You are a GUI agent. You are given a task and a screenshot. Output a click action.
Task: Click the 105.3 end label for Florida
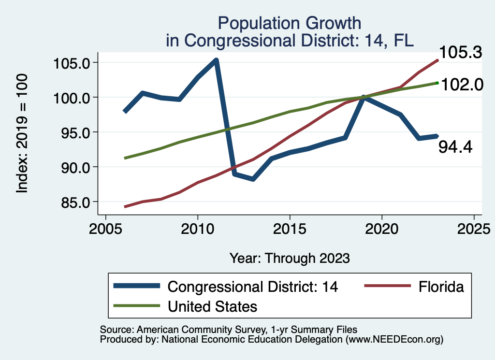pyautogui.click(x=460, y=52)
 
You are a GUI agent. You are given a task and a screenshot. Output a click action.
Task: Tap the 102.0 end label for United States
pyautogui.click(x=462, y=85)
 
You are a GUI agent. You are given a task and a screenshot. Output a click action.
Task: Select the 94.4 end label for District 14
pyautogui.click(x=455, y=147)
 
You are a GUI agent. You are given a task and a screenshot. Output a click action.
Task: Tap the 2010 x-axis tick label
pyautogui.click(x=197, y=228)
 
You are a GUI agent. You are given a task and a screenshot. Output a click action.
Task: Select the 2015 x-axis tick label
pyautogui.click(x=290, y=228)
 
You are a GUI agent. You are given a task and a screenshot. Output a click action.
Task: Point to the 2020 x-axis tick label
pyautogui.click(x=382, y=228)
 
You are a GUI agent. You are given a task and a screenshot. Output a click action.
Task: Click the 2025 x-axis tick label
pyautogui.click(x=474, y=228)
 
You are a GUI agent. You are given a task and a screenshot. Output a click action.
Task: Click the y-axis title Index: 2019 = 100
pyautogui.click(x=22, y=133)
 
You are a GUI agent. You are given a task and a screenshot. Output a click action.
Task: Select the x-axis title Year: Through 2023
pyautogui.click(x=289, y=258)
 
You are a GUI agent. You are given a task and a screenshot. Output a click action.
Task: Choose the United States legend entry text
pyautogui.click(x=212, y=306)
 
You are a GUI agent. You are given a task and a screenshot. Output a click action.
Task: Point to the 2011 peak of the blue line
pyautogui.click(x=216, y=60)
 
